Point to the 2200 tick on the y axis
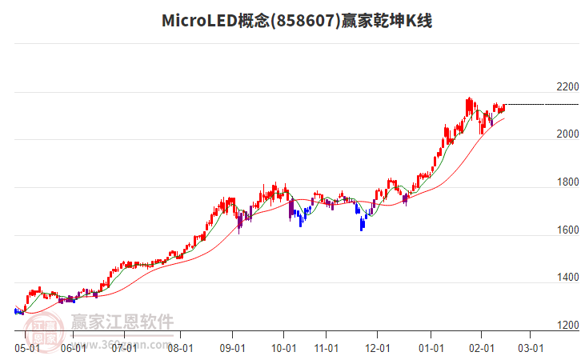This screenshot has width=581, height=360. pyautogui.click(x=567, y=86)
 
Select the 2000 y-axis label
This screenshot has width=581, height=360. pyautogui.click(x=567, y=134)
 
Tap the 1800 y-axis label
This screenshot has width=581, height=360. pyautogui.click(x=567, y=182)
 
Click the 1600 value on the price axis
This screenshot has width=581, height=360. pyautogui.click(x=567, y=230)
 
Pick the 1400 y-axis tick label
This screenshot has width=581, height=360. pyautogui.click(x=567, y=278)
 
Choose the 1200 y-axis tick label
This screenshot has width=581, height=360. pyautogui.click(x=567, y=326)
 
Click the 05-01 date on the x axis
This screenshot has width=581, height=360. pyautogui.click(x=27, y=348)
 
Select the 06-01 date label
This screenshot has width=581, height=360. pyautogui.click(x=73, y=348)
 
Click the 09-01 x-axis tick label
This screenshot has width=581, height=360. pyautogui.click(x=233, y=348)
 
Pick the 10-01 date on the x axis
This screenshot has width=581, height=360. pyautogui.click(x=284, y=348)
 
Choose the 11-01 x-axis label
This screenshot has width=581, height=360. pyautogui.click(x=327, y=348)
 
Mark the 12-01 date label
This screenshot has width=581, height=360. pyautogui.click(x=378, y=348)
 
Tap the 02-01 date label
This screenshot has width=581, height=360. pyautogui.click(x=482, y=348)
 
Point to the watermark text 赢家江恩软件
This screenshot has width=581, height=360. pyautogui.click(x=122, y=322)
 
